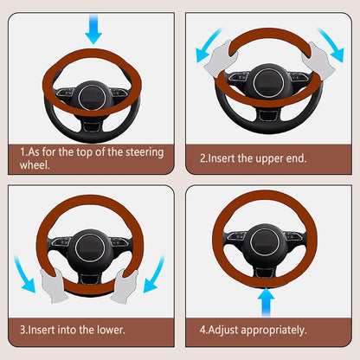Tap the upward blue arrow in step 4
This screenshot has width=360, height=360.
coord(267,302)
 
